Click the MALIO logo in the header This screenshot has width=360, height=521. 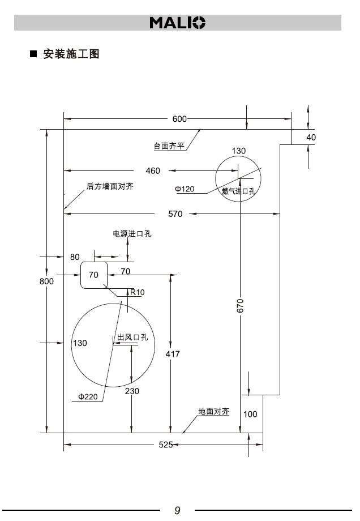pyautogui.click(x=178, y=23)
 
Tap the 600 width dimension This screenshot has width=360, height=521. pyautogui.click(x=179, y=119)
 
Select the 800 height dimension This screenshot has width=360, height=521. pyautogui.click(x=46, y=281)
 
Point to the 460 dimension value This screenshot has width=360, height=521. pyautogui.click(x=153, y=170)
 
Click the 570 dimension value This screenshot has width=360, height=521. pyautogui.click(x=175, y=213)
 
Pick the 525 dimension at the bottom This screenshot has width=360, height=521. pyautogui.click(x=165, y=445)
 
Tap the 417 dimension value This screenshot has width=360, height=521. pyautogui.click(x=173, y=354)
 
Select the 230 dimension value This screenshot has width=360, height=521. pyautogui.click(x=131, y=391)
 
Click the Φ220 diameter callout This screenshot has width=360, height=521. pyautogui.click(x=88, y=396)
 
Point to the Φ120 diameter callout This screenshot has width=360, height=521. pyautogui.click(x=185, y=189)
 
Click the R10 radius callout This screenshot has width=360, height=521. pyautogui.click(x=138, y=292)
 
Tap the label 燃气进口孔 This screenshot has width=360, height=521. pyautogui.click(x=238, y=191)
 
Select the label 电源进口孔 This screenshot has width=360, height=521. pyautogui.click(x=132, y=233)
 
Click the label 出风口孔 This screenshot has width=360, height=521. pyautogui.click(x=132, y=338)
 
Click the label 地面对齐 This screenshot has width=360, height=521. pyautogui.click(x=213, y=412)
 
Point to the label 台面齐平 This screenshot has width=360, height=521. pyautogui.click(x=169, y=146)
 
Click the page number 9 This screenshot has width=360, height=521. pyautogui.click(x=177, y=510)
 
